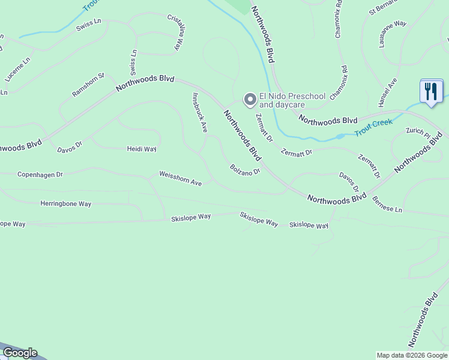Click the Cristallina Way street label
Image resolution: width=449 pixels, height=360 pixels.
174,32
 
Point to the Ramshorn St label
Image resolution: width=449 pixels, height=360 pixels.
88,85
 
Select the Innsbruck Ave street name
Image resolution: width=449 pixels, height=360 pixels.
199,112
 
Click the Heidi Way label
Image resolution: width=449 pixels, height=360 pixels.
142,149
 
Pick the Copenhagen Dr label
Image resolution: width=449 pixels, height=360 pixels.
40,175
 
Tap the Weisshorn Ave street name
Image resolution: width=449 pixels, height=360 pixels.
180,178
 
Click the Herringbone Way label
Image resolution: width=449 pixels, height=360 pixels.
65,204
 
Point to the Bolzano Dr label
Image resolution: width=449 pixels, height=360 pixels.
244,170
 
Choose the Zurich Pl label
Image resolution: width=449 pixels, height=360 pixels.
418,131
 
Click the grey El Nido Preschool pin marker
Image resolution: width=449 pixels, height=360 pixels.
249,100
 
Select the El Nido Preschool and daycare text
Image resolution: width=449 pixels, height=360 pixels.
292,100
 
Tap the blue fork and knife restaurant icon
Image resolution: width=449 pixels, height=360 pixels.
431,92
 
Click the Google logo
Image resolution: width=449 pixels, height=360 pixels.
19,353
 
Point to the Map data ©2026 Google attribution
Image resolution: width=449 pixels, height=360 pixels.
412,355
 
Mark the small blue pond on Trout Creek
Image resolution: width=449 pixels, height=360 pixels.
340,136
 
